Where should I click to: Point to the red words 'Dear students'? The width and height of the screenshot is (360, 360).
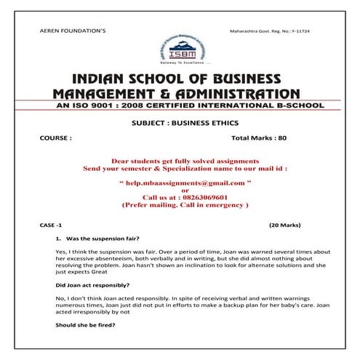click(x=136, y=159)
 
